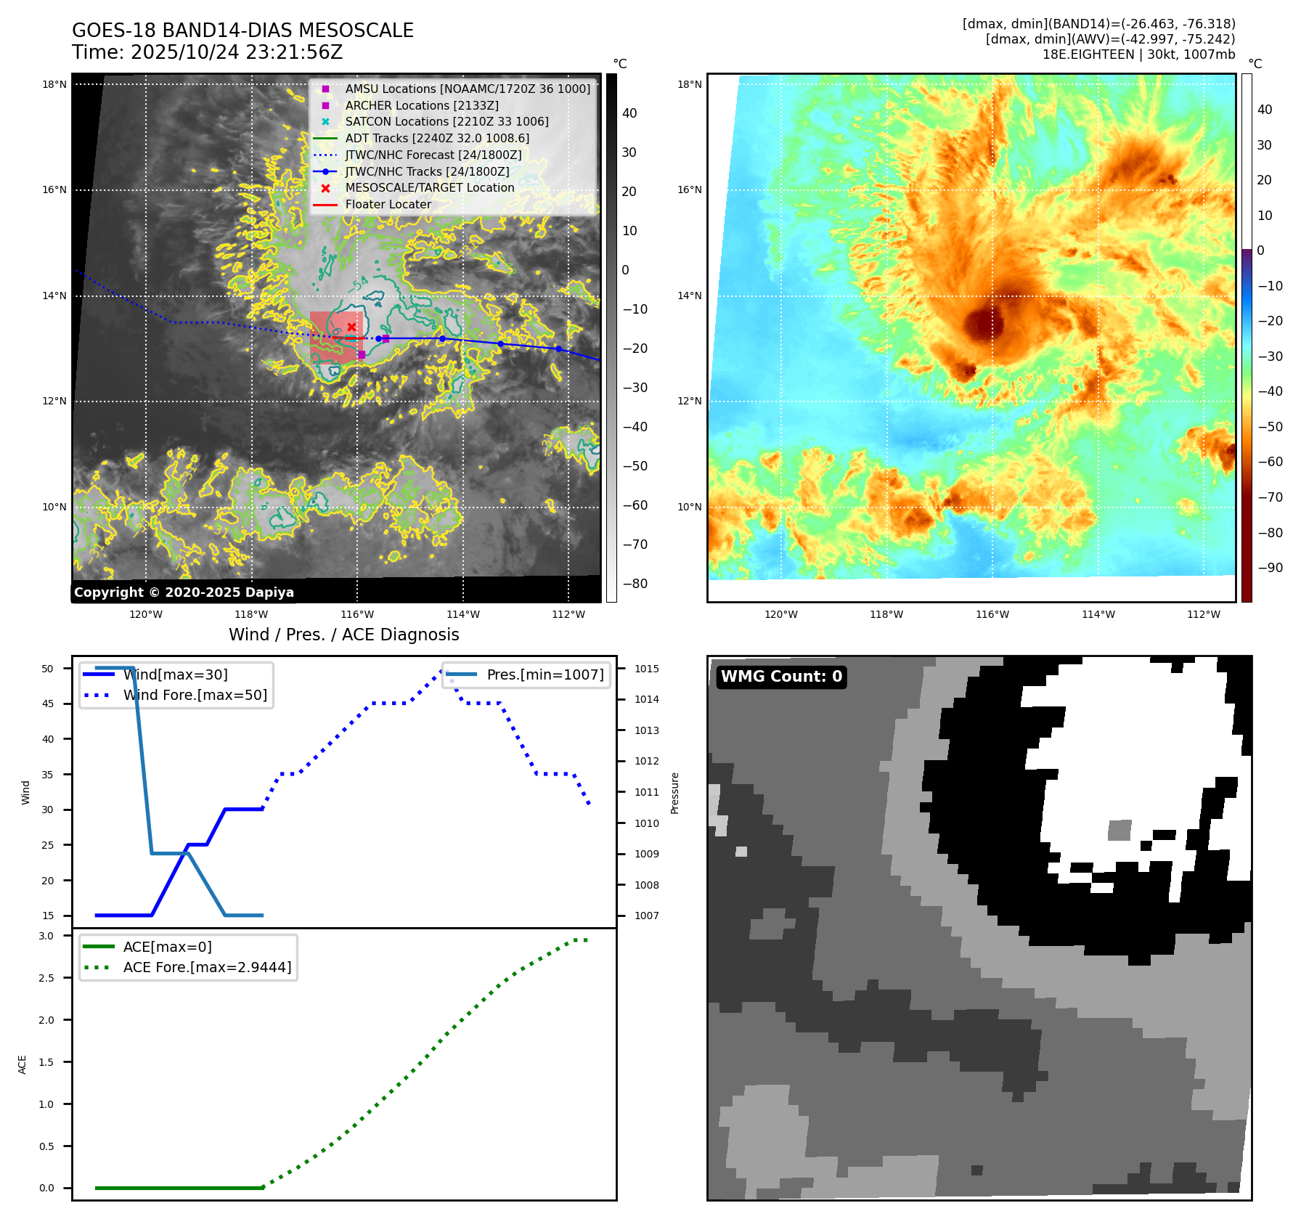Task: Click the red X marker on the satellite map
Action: [351, 327]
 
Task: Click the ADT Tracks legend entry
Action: [437, 138]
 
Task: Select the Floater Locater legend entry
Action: [388, 204]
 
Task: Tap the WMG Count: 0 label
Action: [781, 677]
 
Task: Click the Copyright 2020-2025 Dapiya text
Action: [184, 592]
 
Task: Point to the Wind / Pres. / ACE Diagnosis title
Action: [344, 635]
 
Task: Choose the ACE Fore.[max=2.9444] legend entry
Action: [207, 967]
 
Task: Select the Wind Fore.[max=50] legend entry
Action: [195, 695]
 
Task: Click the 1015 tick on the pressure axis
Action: [646, 669]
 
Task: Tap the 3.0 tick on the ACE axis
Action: [46, 936]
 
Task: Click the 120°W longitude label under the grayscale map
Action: [146, 614]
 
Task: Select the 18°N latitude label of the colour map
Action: [690, 84]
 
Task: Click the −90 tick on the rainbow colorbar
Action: [1270, 568]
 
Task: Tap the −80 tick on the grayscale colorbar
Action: [635, 584]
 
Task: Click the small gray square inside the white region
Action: [1119, 830]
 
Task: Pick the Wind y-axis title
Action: [26, 792]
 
